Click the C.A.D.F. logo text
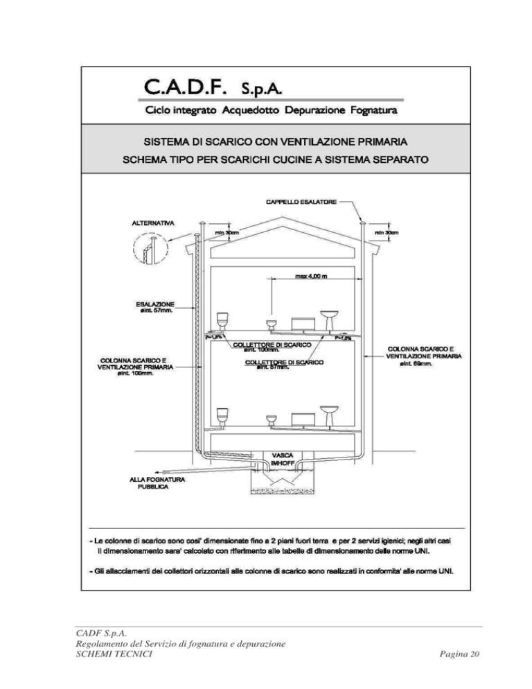point(191,88)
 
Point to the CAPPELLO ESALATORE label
point(299,202)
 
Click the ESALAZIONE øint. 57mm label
point(154,307)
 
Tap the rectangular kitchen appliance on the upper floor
point(302,324)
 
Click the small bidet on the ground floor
point(272,420)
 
